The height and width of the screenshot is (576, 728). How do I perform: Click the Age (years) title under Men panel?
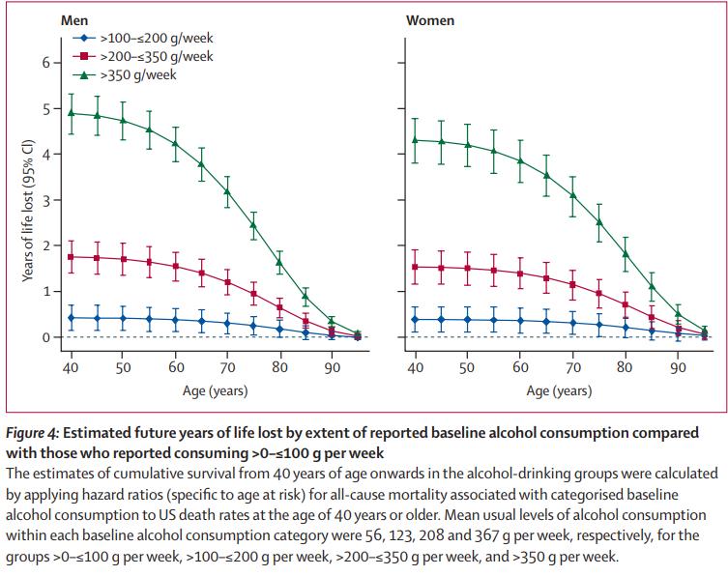click(215, 390)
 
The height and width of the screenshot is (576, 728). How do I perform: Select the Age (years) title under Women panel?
click(559, 390)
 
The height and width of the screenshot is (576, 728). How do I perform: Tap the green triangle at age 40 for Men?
click(72, 112)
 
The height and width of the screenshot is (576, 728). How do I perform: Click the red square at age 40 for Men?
click(72, 257)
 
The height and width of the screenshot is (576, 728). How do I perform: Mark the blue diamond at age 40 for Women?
click(415, 320)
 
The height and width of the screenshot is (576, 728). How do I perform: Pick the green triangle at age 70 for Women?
click(572, 195)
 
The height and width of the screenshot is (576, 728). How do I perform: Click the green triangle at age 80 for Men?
click(279, 262)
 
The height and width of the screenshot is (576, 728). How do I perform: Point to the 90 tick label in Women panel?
click(677, 369)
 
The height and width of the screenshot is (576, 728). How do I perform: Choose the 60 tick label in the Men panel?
click(175, 369)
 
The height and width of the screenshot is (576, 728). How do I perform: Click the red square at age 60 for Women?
click(520, 274)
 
